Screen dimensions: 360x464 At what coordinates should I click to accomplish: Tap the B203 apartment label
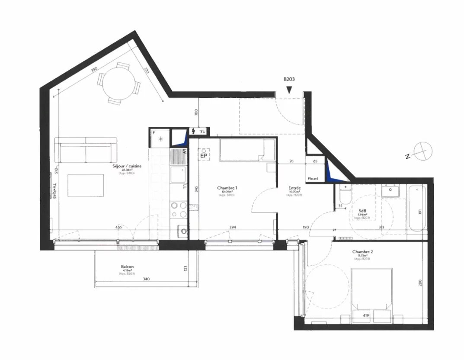(x=289, y=79)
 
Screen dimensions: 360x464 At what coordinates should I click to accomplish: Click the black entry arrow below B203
(x=289, y=90)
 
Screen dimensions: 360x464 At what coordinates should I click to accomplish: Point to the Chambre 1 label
(x=227, y=188)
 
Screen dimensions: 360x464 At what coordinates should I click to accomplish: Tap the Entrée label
(x=295, y=188)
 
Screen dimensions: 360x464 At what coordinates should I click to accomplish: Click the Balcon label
(x=127, y=267)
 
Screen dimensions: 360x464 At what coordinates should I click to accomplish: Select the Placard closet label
(x=313, y=178)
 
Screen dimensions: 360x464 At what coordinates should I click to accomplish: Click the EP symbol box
(x=204, y=154)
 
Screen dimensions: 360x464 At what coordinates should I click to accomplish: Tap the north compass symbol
(x=419, y=151)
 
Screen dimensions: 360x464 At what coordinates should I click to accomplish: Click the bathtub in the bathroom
(x=415, y=208)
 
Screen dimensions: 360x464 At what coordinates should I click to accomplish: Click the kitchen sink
(x=177, y=175)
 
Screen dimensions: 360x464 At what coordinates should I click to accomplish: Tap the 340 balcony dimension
(x=146, y=279)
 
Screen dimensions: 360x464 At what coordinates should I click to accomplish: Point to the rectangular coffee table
(x=86, y=186)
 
